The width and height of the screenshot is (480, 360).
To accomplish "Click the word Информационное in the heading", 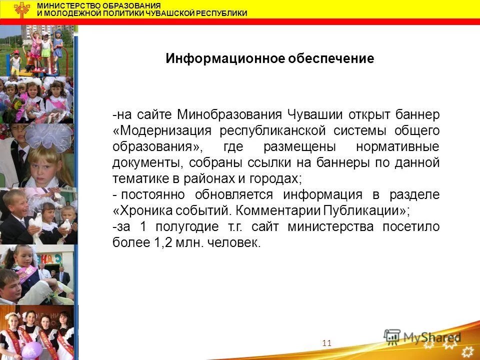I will (225, 58).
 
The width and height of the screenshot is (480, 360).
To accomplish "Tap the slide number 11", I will (327, 342).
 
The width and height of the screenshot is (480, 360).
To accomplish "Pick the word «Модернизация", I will (162, 131).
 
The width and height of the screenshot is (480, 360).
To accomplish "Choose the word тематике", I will (136, 178).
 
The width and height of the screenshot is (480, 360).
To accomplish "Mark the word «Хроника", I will (139, 210).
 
